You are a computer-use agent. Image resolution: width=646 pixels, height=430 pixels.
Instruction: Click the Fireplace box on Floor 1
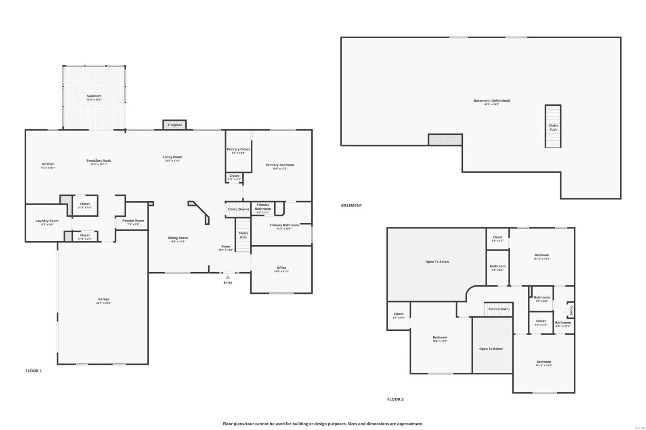(175, 125)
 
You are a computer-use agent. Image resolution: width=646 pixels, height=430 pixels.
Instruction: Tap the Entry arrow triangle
(228, 277)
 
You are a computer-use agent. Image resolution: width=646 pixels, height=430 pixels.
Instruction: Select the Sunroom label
(94, 96)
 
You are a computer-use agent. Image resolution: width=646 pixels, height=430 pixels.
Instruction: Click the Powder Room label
(133, 221)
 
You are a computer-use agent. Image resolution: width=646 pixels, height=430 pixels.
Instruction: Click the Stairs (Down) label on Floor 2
(499, 309)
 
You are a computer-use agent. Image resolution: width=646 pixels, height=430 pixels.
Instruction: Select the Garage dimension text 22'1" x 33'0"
(104, 303)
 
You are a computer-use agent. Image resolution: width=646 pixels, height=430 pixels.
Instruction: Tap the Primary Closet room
(238, 150)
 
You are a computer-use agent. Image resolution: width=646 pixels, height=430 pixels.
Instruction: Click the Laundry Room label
(47, 221)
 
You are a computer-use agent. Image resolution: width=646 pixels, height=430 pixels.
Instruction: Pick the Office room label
(281, 268)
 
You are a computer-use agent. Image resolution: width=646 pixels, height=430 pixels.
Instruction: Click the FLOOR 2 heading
(395, 399)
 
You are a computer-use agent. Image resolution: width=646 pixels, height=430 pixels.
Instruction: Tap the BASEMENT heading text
(351, 205)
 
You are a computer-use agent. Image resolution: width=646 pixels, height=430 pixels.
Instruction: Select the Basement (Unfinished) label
(492, 101)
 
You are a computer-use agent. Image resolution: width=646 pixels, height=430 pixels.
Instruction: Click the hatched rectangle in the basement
(445, 140)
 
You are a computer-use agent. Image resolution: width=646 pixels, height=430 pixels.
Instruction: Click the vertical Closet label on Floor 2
(571, 310)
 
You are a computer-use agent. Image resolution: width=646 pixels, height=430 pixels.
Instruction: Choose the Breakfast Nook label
(99, 161)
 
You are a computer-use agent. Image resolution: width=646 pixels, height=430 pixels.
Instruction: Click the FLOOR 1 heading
(34, 371)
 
